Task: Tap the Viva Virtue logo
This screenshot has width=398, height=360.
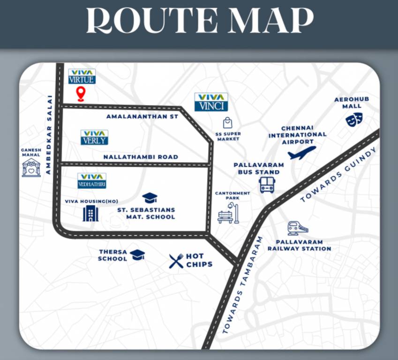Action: pyautogui.click(x=82, y=76)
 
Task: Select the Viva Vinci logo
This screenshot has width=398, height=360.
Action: pyautogui.click(x=211, y=102)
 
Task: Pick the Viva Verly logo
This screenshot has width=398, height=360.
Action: pyautogui.click(x=94, y=137)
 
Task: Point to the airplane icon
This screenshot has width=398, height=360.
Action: pyautogui.click(x=301, y=153)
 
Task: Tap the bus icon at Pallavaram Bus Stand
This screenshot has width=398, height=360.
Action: pyautogui.click(x=267, y=184)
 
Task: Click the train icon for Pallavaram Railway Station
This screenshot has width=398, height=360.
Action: pyautogui.click(x=298, y=228)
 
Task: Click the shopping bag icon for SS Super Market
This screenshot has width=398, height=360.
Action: pyautogui.click(x=228, y=123)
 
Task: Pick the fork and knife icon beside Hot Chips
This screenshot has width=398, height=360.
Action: pyautogui.click(x=176, y=261)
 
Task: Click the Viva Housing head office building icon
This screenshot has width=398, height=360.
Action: pyautogui.click(x=90, y=213)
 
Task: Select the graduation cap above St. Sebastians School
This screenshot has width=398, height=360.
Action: pyautogui.click(x=150, y=198)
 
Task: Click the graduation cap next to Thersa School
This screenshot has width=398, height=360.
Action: pyautogui.click(x=137, y=255)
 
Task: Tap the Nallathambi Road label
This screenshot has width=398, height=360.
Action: pyautogui.click(x=141, y=157)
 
